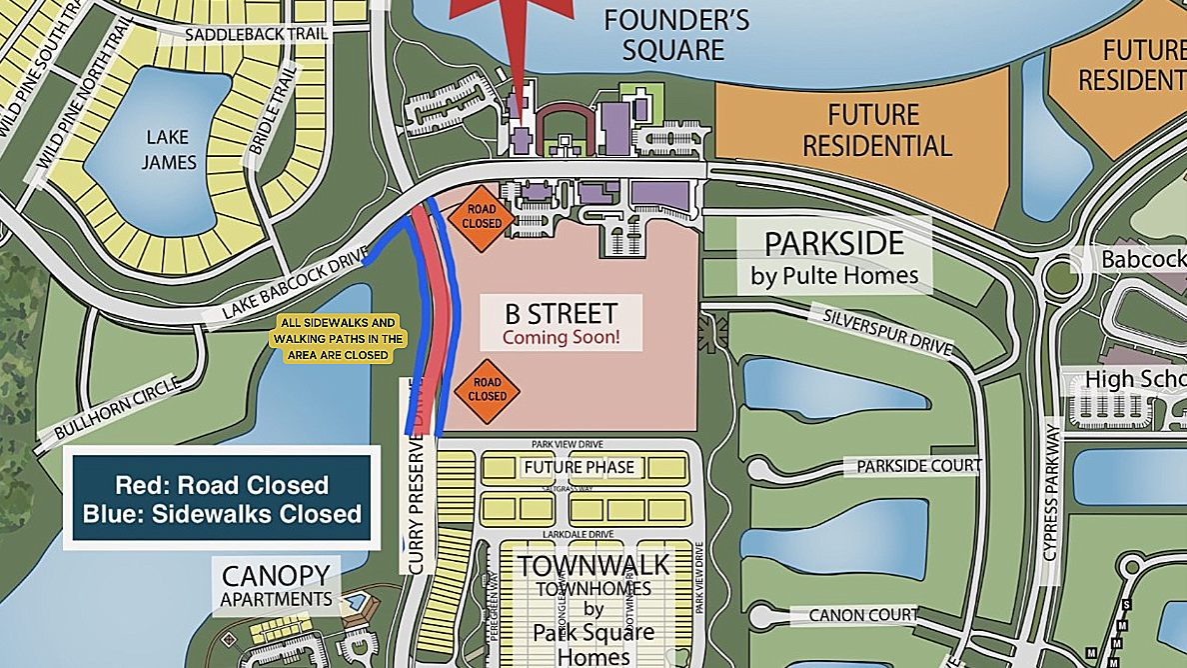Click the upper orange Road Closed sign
(x=481, y=217)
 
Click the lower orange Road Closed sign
(x=487, y=390)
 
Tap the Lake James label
(x=168, y=149)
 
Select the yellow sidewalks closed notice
(x=338, y=339)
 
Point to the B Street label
(x=562, y=312)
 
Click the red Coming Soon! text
(x=561, y=338)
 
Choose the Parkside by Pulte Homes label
(x=833, y=257)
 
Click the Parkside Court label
(x=918, y=466)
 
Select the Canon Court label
(x=862, y=615)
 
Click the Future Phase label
(x=580, y=467)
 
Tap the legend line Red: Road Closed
(x=222, y=485)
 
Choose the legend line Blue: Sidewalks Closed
(x=222, y=514)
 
